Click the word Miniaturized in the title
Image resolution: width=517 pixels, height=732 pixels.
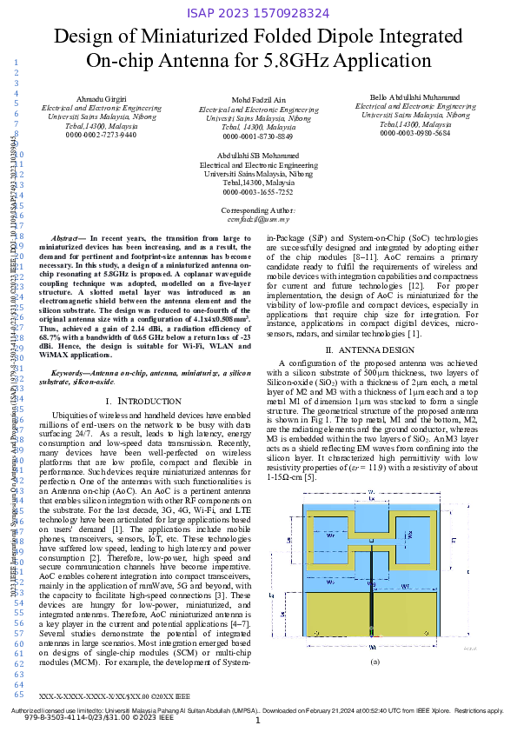(x=176, y=37)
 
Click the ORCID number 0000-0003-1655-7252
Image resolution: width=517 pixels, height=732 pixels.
(x=258, y=191)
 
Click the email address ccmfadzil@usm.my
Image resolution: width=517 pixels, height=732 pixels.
(x=258, y=220)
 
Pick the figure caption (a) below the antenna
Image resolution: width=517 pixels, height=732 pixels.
(x=375, y=662)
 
